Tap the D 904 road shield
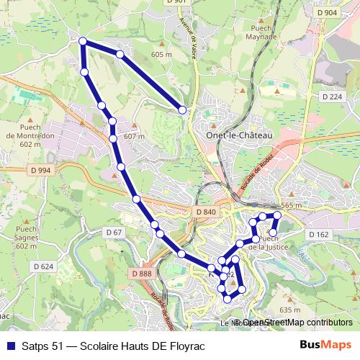[x=326, y=12]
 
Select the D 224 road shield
[x=332, y=96]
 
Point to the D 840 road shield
[x=205, y=212]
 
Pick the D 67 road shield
[x=114, y=232]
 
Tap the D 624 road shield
[x=42, y=266]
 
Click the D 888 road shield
[x=142, y=274]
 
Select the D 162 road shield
[x=318, y=235]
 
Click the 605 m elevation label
[x=161, y=54]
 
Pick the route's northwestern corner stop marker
[x=83, y=42]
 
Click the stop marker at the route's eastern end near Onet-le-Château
[x=182, y=109]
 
